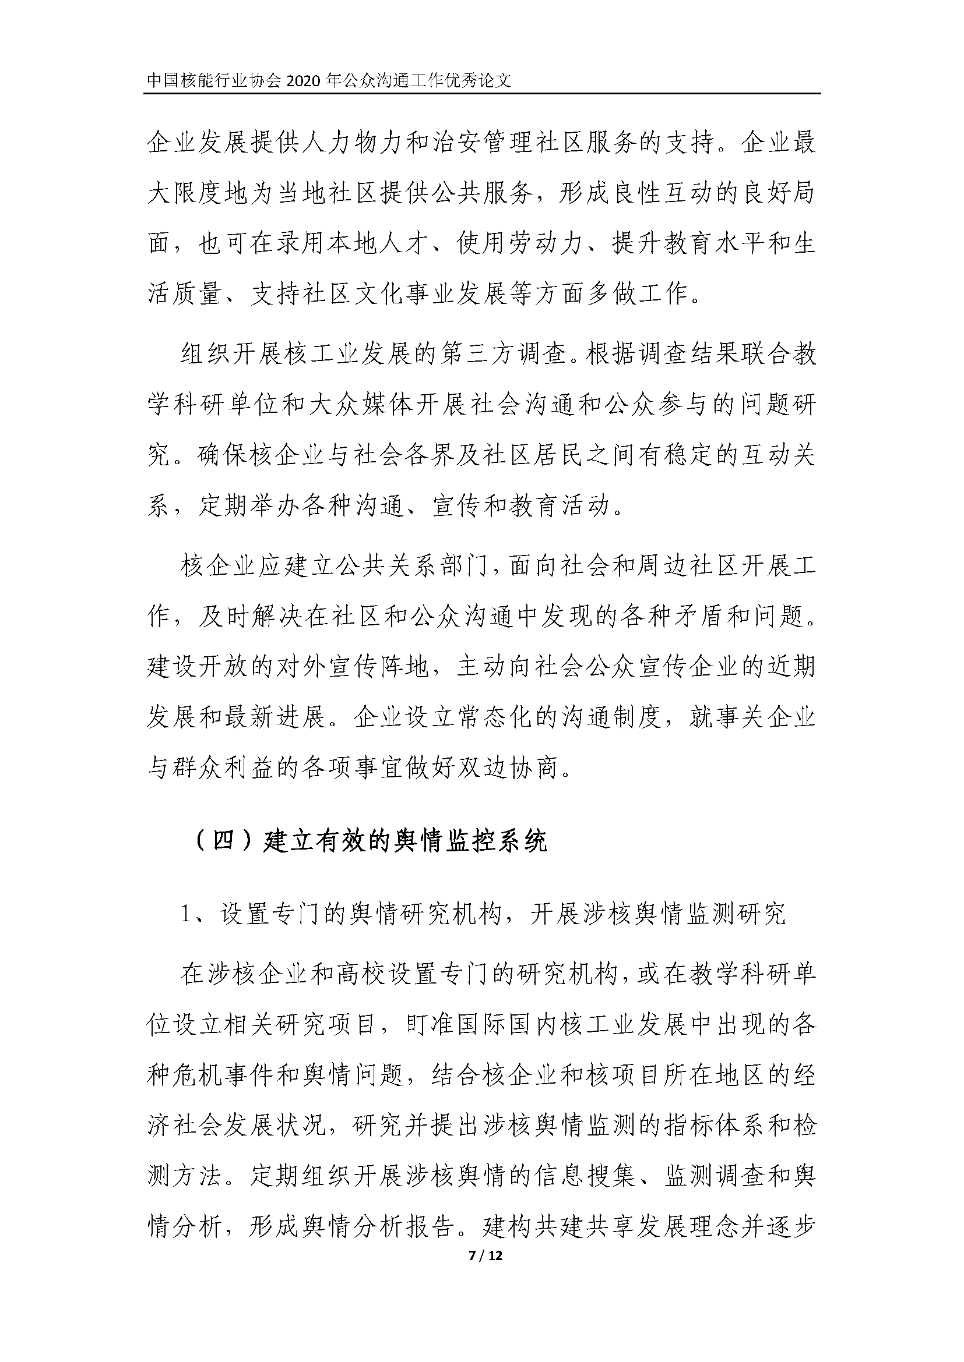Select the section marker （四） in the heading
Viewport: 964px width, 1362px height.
(224, 841)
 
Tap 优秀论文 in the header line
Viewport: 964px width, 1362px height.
(482, 81)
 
